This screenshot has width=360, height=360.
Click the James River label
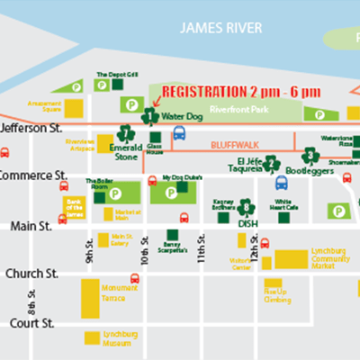click(x=220, y=28)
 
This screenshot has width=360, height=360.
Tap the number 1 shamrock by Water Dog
click(x=149, y=114)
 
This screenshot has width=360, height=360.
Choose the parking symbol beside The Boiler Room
click(x=115, y=193)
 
